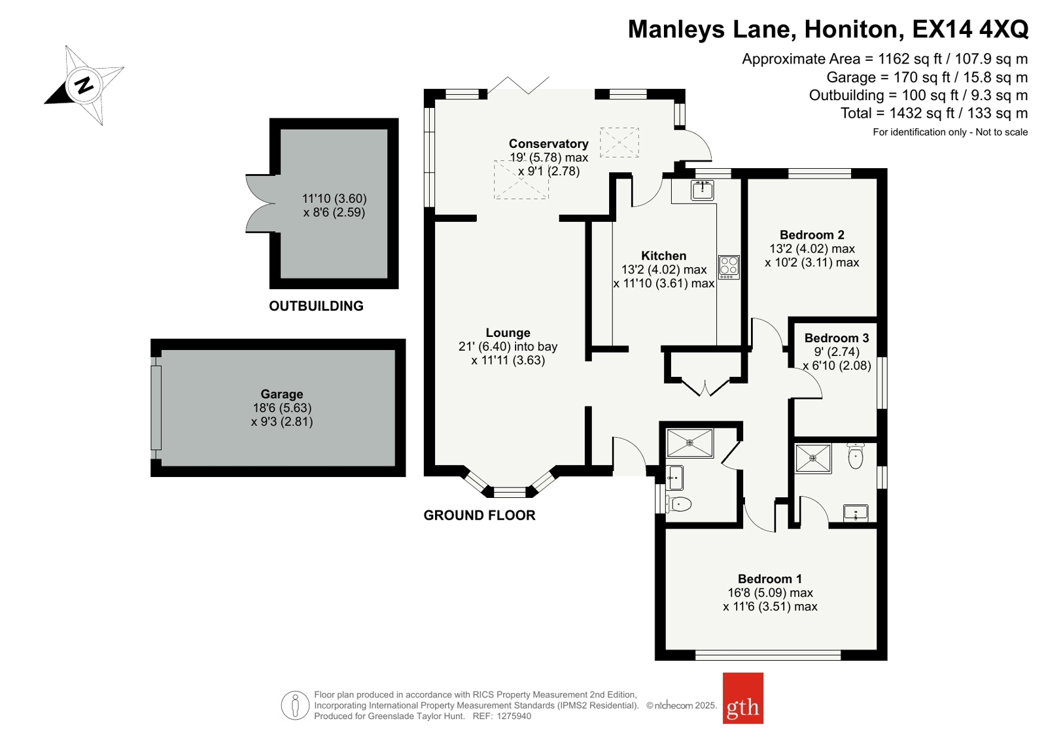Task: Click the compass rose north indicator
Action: point(84,86)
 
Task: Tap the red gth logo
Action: point(743,698)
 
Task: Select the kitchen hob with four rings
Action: point(729,267)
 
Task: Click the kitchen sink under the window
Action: point(703,190)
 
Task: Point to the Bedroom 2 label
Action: point(812,234)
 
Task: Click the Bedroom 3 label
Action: point(837,338)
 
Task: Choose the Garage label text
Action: point(281,394)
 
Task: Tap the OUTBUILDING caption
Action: point(316,306)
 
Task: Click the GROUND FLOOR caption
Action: point(479,516)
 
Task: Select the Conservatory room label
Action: point(549,143)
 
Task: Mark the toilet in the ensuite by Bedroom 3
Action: point(856,456)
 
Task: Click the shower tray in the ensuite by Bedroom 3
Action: point(814,458)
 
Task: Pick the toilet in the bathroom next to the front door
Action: point(680,504)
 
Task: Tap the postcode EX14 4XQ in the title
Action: point(970,29)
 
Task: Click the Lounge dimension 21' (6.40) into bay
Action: point(508,347)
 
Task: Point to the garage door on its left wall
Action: point(156,408)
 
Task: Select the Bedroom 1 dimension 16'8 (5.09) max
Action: point(771,593)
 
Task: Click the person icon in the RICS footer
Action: point(295,705)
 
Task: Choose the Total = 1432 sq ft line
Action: point(934,113)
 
